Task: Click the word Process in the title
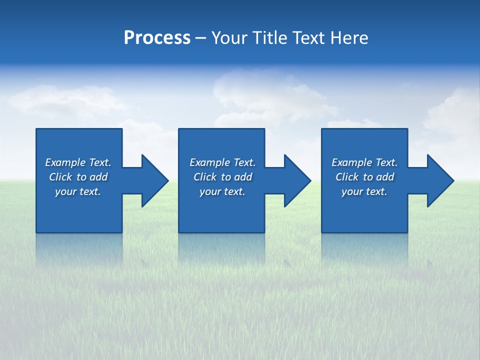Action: pyautogui.click(x=157, y=38)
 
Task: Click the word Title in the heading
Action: pyautogui.click(x=270, y=38)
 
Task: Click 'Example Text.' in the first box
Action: pyautogui.click(x=78, y=162)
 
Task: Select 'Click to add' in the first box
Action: pyautogui.click(x=78, y=177)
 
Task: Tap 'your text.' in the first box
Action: pyautogui.click(x=78, y=191)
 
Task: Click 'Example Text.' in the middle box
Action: pyautogui.click(x=222, y=162)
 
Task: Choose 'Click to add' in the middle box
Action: pyautogui.click(x=222, y=177)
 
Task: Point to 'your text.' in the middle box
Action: pyautogui.click(x=222, y=191)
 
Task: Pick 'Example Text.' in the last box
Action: pyautogui.click(x=364, y=162)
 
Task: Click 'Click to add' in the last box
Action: pyautogui.click(x=364, y=177)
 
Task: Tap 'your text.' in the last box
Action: pyautogui.click(x=364, y=191)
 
